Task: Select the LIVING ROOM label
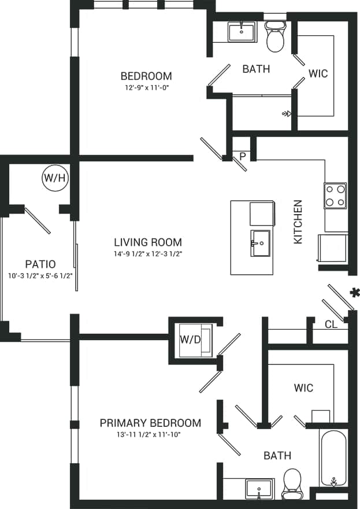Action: pyautogui.click(x=147, y=242)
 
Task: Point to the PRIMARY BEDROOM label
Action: pyautogui.click(x=150, y=423)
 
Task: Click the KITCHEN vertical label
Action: pyautogui.click(x=298, y=222)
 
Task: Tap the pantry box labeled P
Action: pyautogui.click(x=243, y=156)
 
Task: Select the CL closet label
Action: pyautogui.click(x=331, y=324)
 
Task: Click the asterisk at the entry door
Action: pyautogui.click(x=354, y=293)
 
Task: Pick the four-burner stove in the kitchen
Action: pyautogui.click(x=335, y=196)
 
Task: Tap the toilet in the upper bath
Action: pyautogui.click(x=275, y=36)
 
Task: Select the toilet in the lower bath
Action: pyautogui.click(x=292, y=484)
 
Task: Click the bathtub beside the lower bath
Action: pyautogui.click(x=333, y=459)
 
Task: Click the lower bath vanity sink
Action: pyautogui.click(x=259, y=489)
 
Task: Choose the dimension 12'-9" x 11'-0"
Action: pyautogui.click(x=146, y=88)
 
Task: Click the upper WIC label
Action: pyautogui.click(x=318, y=73)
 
